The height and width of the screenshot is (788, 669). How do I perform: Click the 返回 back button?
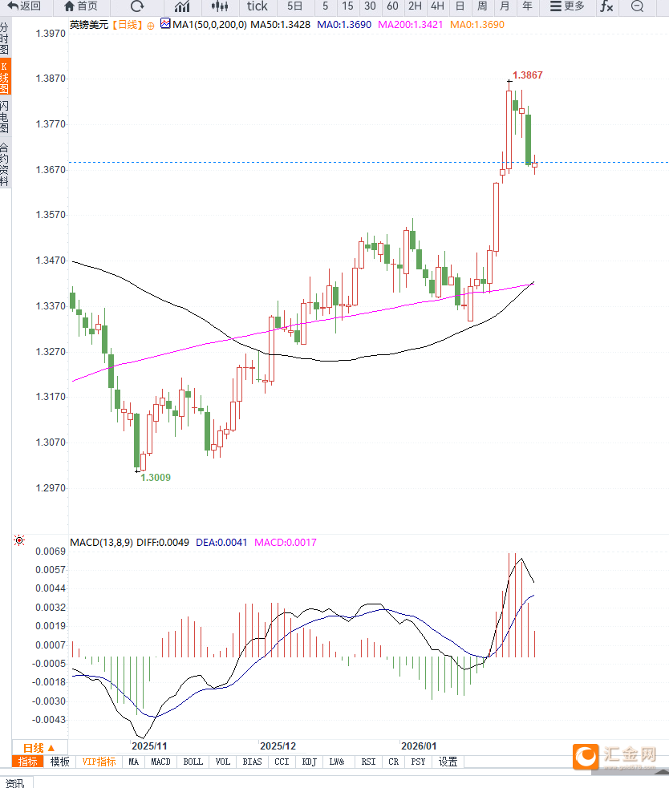[x=24, y=6]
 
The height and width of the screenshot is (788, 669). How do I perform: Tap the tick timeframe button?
[x=257, y=6]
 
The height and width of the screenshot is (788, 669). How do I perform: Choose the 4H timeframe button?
[x=437, y=6]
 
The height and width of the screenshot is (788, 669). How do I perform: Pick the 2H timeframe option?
[x=415, y=6]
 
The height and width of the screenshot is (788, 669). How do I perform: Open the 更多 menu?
[x=567, y=6]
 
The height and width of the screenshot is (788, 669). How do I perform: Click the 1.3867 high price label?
[x=527, y=75]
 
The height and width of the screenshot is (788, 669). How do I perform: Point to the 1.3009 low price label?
[x=156, y=477]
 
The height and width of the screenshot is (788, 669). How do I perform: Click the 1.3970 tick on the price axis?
[x=51, y=34]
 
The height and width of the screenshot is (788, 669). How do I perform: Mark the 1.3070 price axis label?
[x=51, y=442]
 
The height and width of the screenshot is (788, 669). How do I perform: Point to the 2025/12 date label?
[x=278, y=746]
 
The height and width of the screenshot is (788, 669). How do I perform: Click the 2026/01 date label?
[x=420, y=746]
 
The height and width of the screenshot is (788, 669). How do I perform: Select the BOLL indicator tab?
[x=193, y=762]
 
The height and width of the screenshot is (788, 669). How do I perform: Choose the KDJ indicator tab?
[x=310, y=762]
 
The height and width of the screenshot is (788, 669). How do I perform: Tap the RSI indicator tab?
[x=368, y=762]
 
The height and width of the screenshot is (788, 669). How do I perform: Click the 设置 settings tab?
[x=448, y=762]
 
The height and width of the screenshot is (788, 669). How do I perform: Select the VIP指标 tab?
[x=99, y=762]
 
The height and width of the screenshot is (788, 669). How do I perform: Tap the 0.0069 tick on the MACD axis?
[x=51, y=552]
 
